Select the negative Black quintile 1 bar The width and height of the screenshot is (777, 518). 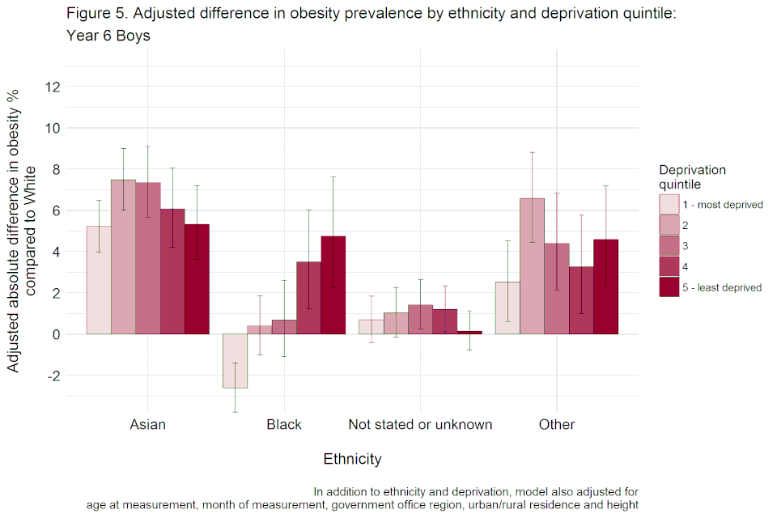pyautogui.click(x=235, y=361)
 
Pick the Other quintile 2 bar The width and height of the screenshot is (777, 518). pyautogui.click(x=532, y=266)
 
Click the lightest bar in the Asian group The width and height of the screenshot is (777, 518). pyautogui.click(x=99, y=280)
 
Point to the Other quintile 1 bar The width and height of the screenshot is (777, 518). pyautogui.click(x=507, y=308)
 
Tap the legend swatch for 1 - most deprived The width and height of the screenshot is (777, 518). pyautogui.click(x=669, y=203)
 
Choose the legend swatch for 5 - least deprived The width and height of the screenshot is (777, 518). pyautogui.click(x=669, y=287)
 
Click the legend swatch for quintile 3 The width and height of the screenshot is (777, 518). pyautogui.click(x=669, y=245)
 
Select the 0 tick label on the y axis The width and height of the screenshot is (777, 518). pyautogui.click(x=54, y=334)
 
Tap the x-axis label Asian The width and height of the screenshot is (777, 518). pyautogui.click(x=147, y=425)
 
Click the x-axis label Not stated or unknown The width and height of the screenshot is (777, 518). pyautogui.click(x=420, y=425)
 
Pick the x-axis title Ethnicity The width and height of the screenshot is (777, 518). pyautogui.click(x=352, y=460)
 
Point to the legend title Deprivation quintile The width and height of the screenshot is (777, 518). pyautogui.click(x=692, y=176)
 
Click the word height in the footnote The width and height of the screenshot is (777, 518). pyautogui.click(x=622, y=505)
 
